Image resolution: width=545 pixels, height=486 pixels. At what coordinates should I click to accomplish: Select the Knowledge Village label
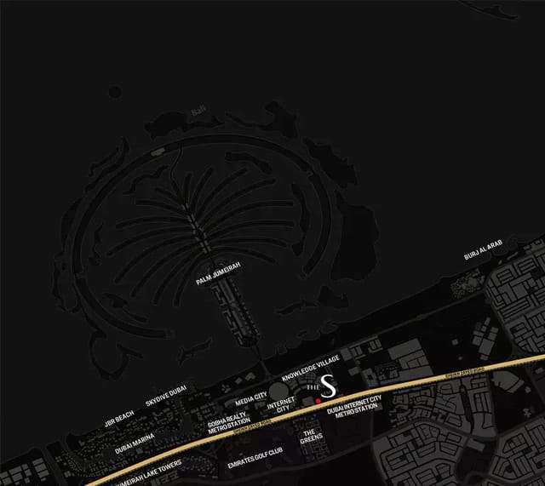click(311, 367)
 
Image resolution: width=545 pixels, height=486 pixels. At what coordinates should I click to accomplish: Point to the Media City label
click(250, 398)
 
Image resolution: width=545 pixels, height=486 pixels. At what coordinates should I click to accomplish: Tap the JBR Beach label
click(118, 419)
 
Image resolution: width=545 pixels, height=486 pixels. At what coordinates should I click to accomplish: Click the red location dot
click(317, 398)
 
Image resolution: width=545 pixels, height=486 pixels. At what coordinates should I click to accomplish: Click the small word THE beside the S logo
click(312, 388)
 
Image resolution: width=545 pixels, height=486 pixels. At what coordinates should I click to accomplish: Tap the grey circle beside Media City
click(278, 391)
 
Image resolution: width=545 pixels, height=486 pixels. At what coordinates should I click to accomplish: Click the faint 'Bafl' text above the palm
click(198, 109)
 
